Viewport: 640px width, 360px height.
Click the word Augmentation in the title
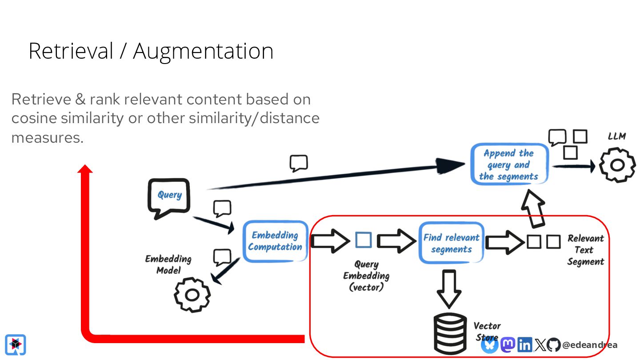point(203,52)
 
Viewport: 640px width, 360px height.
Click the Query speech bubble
point(169,197)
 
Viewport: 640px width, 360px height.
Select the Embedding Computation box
point(275,241)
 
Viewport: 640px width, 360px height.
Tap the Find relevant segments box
point(451,243)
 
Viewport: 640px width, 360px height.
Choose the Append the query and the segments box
point(509,164)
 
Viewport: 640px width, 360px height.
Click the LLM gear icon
point(617,165)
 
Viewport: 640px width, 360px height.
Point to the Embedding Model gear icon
point(192,295)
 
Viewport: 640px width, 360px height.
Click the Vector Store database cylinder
point(450,334)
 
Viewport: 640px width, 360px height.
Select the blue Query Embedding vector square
point(364,240)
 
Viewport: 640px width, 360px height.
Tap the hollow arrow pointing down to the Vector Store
point(449,288)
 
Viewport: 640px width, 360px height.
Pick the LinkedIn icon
point(524,344)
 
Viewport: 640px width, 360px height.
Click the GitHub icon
point(553,344)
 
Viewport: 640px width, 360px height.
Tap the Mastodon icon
point(508,344)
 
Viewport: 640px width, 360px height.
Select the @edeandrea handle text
point(590,345)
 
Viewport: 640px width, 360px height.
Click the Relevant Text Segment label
point(585,250)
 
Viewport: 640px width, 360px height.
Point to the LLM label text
point(617,136)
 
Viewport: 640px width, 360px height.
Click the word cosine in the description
point(34,118)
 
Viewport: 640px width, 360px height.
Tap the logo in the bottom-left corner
point(16,344)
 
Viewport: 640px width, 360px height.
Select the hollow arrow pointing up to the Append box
point(533,208)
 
